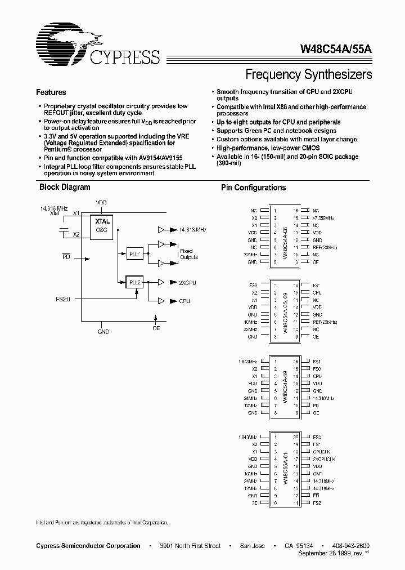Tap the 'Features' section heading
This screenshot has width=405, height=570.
pos(51,92)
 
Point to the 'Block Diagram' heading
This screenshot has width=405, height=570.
pos(65,188)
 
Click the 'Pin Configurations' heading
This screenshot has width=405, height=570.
pos(253,188)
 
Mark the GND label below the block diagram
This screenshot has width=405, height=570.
pos(103,332)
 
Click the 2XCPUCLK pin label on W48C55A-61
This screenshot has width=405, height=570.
pos(325,459)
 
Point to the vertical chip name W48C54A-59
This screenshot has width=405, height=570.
pos(286,386)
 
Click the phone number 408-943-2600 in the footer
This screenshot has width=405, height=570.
pos(351,546)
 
